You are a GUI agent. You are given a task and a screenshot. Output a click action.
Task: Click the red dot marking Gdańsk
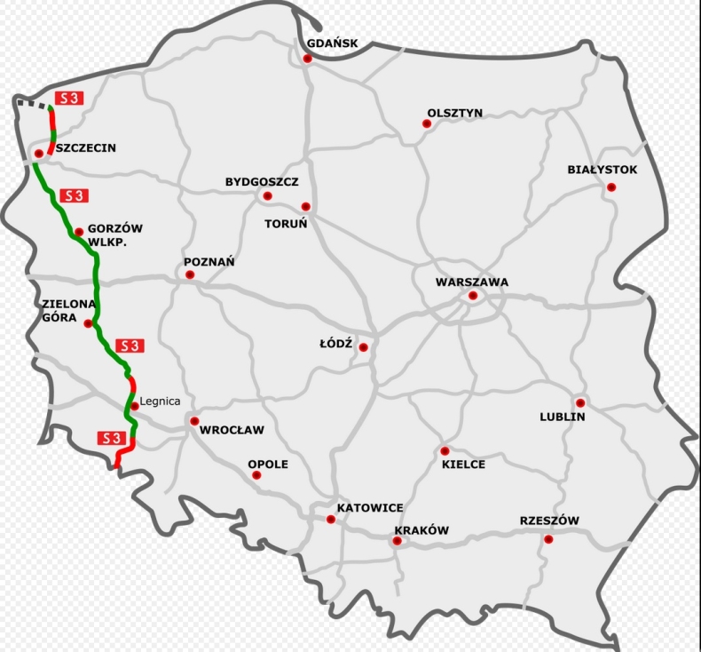(x=307, y=59)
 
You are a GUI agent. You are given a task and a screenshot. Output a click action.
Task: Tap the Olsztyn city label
(x=454, y=113)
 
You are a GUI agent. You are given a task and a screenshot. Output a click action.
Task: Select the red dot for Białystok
(x=611, y=187)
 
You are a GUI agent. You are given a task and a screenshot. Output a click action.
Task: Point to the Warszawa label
(x=472, y=282)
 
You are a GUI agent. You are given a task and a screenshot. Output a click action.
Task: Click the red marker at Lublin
(x=579, y=402)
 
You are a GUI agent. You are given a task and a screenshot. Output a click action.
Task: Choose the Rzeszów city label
(x=549, y=521)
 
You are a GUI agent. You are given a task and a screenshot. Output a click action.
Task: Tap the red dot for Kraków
(x=398, y=541)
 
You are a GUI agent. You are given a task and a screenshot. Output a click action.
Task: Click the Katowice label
(x=370, y=508)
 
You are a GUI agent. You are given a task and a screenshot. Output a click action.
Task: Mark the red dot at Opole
(x=256, y=475)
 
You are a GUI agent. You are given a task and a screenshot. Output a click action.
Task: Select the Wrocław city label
(x=232, y=430)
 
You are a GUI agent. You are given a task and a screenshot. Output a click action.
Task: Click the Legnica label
(x=161, y=402)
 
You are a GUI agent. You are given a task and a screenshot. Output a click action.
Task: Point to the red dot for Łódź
(x=363, y=347)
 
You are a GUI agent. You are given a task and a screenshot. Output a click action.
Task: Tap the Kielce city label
(x=464, y=465)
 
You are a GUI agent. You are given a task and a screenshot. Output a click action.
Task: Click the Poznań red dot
(x=190, y=274)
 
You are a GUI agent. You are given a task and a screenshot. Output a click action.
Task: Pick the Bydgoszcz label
(x=261, y=182)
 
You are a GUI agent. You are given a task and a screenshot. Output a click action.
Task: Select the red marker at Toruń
(x=305, y=206)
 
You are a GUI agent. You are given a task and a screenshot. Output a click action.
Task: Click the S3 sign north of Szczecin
(x=68, y=98)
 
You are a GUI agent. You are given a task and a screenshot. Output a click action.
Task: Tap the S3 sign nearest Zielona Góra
(x=128, y=345)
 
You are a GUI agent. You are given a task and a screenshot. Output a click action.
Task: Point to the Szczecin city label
(x=85, y=148)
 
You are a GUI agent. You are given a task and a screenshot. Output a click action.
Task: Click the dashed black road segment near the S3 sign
(x=33, y=103)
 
